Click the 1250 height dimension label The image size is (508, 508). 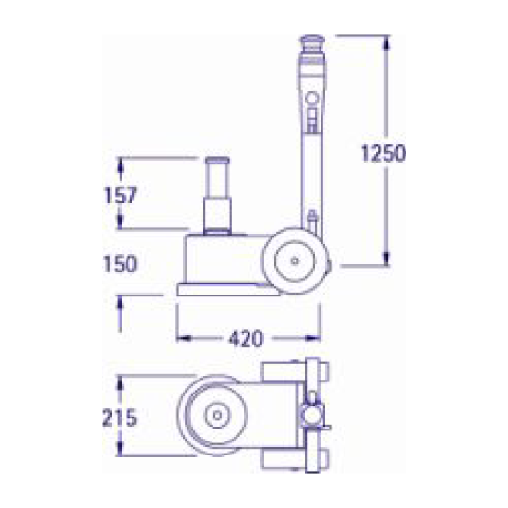pyautogui.click(x=383, y=153)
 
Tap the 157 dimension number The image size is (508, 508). pyautogui.click(x=120, y=195)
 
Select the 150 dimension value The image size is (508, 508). pyautogui.click(x=120, y=264)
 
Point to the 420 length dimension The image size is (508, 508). pyautogui.click(x=246, y=338)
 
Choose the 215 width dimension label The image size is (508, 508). pyautogui.click(x=119, y=417)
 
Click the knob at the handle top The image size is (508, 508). pyautogui.click(x=312, y=42)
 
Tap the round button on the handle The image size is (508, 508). pyautogui.click(x=312, y=97)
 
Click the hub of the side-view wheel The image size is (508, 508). pyautogui.click(x=295, y=260)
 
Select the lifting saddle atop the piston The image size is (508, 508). pyautogui.click(x=217, y=161)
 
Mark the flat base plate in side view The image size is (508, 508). pyautogui.click(x=228, y=290)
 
